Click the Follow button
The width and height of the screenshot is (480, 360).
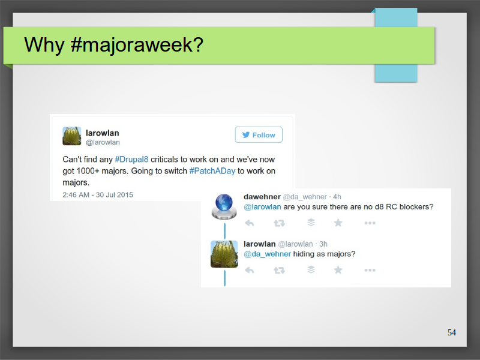pos(259,134)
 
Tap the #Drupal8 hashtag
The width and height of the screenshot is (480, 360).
pos(131,160)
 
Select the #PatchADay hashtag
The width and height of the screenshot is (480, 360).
pos(212,171)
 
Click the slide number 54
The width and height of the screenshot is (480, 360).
pos(452,332)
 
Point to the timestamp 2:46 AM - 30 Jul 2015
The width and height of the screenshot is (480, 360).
pos(98,194)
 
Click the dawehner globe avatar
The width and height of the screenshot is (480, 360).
pos(224,206)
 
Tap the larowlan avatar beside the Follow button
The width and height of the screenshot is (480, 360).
pos(72,136)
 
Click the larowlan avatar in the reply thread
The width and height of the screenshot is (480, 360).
pos(224,254)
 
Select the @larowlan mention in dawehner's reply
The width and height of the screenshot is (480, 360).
pos(262,207)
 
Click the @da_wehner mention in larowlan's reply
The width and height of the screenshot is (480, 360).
pos(267,254)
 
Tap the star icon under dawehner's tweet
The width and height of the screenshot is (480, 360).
pos(338,223)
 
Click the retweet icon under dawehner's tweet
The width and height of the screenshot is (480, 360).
pos(279,223)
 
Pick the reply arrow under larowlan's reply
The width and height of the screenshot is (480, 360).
pos(250,271)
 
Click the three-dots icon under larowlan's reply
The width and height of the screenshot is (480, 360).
pos(370,271)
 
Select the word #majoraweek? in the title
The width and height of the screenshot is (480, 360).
pos(137,44)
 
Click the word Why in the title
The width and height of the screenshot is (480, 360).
pos(44,45)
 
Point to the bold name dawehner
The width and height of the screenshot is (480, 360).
pos(262,197)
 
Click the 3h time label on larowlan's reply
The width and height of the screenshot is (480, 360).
pos(323,244)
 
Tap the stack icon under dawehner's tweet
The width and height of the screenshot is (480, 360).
pos(311,222)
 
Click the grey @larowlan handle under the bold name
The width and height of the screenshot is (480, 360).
pos(103,142)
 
